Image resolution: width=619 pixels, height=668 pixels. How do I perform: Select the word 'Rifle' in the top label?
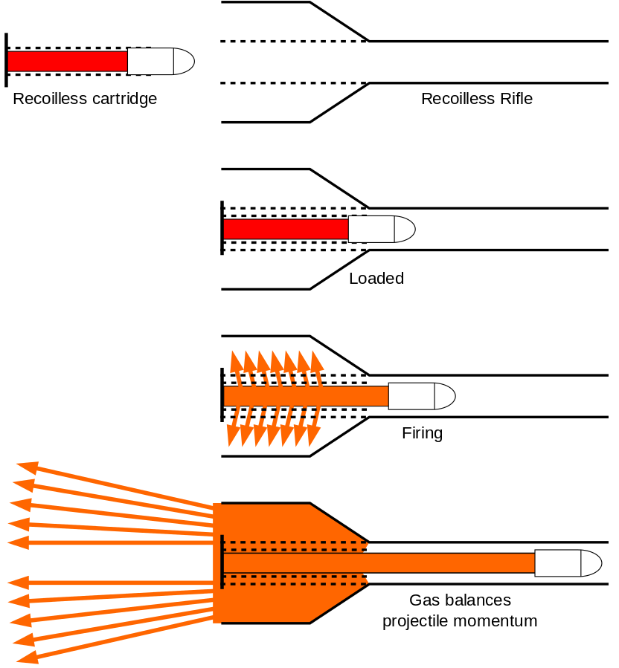point(515,99)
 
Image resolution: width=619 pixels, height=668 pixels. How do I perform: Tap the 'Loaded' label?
point(376,279)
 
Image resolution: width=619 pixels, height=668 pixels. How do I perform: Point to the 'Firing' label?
point(422,433)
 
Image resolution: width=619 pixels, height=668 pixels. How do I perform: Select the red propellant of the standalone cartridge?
point(67,61)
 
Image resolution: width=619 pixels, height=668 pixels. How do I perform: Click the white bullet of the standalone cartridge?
point(160,61)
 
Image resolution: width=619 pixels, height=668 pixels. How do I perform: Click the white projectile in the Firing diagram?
point(421,396)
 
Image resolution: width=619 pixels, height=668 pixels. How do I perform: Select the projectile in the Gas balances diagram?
point(568,563)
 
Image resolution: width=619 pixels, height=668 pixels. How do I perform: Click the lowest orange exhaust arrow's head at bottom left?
point(27,658)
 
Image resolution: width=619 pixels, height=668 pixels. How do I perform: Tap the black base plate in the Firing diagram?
point(222,395)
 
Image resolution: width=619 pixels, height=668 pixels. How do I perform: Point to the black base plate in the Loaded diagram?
point(222,228)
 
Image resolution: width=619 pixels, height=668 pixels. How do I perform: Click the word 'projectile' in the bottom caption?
point(414,621)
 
